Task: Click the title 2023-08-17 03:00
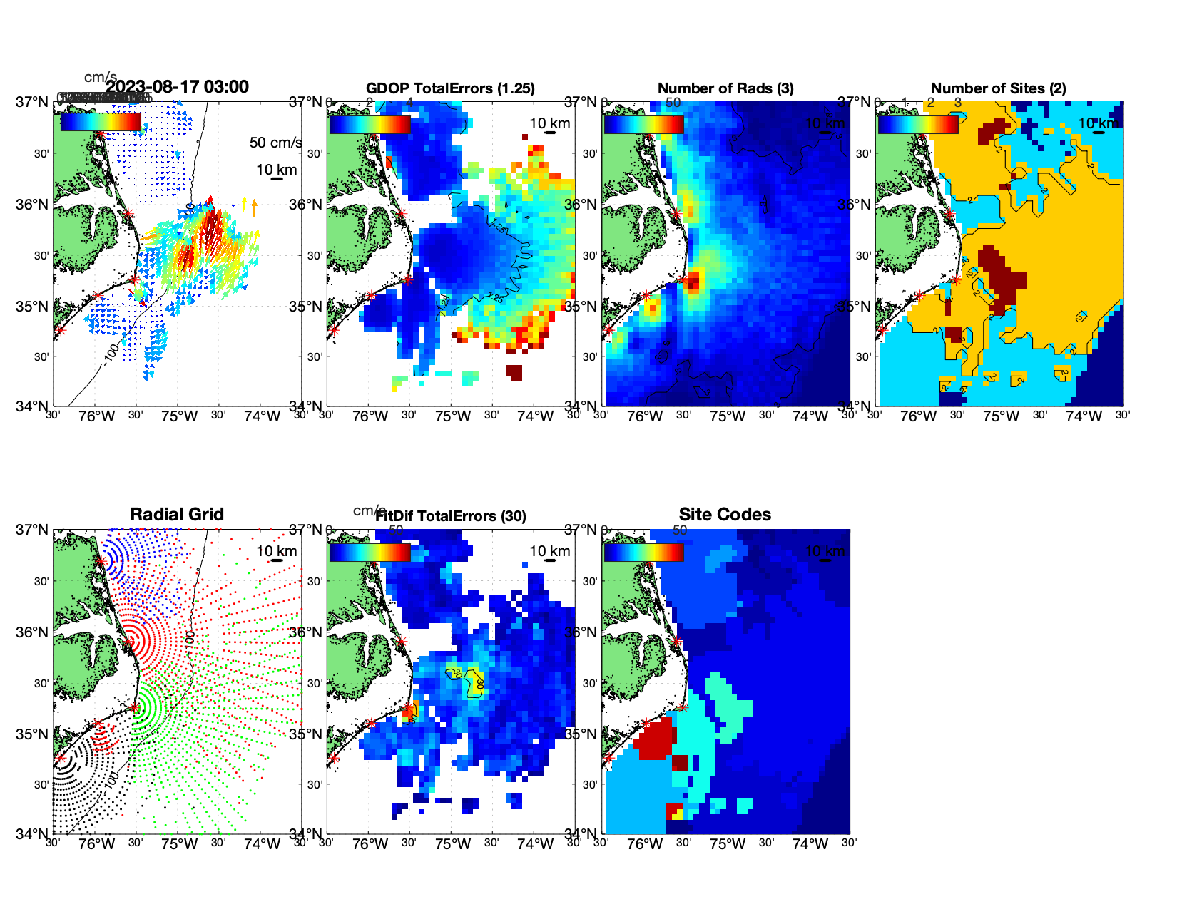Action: (x=177, y=87)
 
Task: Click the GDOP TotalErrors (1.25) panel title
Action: (x=450, y=88)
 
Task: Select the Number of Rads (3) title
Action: (x=725, y=88)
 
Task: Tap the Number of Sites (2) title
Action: (x=998, y=88)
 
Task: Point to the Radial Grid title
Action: (x=177, y=515)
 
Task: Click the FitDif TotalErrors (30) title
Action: (x=451, y=516)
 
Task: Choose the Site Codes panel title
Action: (x=725, y=515)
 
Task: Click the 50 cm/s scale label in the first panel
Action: (x=275, y=143)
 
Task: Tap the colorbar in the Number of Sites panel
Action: (x=918, y=124)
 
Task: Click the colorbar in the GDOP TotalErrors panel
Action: (x=370, y=124)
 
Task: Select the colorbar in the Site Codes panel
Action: (x=644, y=552)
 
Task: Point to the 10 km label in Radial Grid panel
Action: (x=276, y=551)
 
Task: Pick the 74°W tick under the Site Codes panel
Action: (x=810, y=844)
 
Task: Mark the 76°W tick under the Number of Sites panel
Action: (x=919, y=416)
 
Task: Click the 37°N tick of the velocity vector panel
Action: (x=32, y=102)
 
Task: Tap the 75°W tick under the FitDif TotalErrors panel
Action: (x=452, y=844)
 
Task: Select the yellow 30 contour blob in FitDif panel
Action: (x=474, y=682)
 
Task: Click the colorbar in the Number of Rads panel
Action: (x=644, y=124)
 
